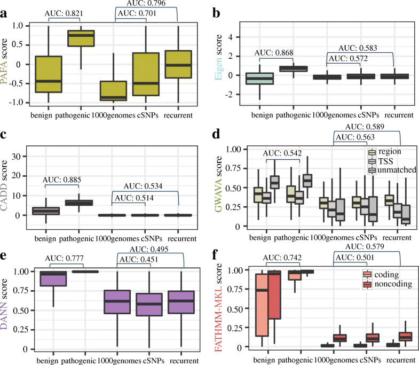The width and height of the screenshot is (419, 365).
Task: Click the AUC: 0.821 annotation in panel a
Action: pos(65,13)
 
